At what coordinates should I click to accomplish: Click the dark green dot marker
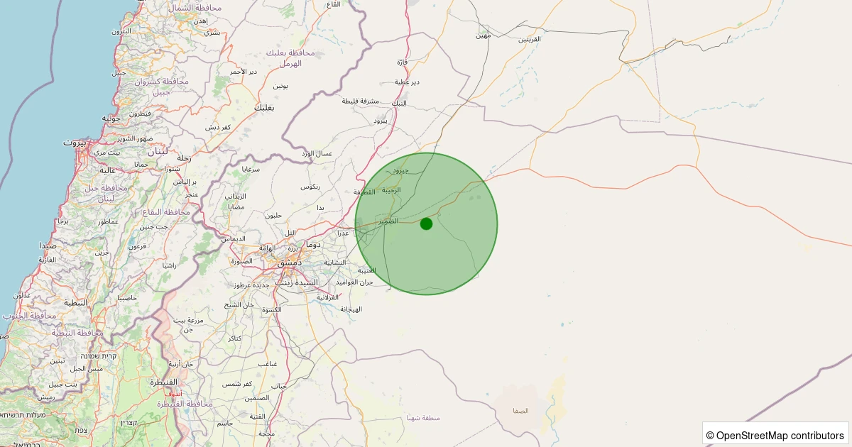tap(426, 223)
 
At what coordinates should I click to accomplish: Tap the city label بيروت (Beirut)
tap(74, 142)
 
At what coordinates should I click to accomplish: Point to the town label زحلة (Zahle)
tap(183, 158)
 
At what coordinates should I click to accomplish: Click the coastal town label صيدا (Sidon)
tap(48, 245)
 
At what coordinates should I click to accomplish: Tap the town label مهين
tap(484, 35)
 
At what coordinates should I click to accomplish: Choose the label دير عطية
tap(407, 82)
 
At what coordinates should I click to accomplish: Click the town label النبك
tap(400, 103)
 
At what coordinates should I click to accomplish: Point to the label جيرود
tap(401, 171)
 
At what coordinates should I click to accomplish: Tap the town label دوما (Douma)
tap(313, 244)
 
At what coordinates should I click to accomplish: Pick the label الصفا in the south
tap(521, 411)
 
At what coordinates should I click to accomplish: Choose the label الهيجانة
tap(351, 309)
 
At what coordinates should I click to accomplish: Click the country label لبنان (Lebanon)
tap(157, 151)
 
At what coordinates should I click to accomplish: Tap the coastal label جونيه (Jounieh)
tap(111, 118)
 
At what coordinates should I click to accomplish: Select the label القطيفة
tap(364, 192)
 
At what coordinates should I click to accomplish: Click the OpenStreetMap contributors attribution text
tap(775, 435)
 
